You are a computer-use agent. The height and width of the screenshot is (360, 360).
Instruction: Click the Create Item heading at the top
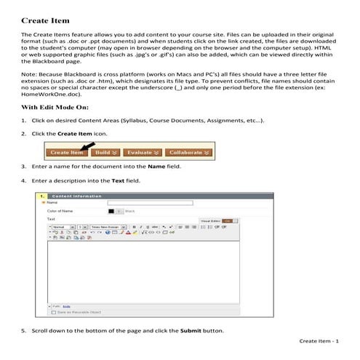tap(43, 20)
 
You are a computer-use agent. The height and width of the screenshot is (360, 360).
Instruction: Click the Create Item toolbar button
tap(66, 153)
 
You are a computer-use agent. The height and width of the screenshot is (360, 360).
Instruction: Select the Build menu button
tap(105, 153)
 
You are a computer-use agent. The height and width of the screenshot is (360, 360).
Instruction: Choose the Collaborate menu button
tap(186, 153)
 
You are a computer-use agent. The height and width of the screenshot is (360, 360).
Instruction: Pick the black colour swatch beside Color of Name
tap(112, 211)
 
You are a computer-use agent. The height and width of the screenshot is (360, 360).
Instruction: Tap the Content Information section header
tap(76, 196)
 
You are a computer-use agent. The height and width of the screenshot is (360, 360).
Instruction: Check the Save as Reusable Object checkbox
tap(54, 312)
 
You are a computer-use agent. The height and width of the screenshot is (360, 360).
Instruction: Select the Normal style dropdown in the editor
tap(61, 227)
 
